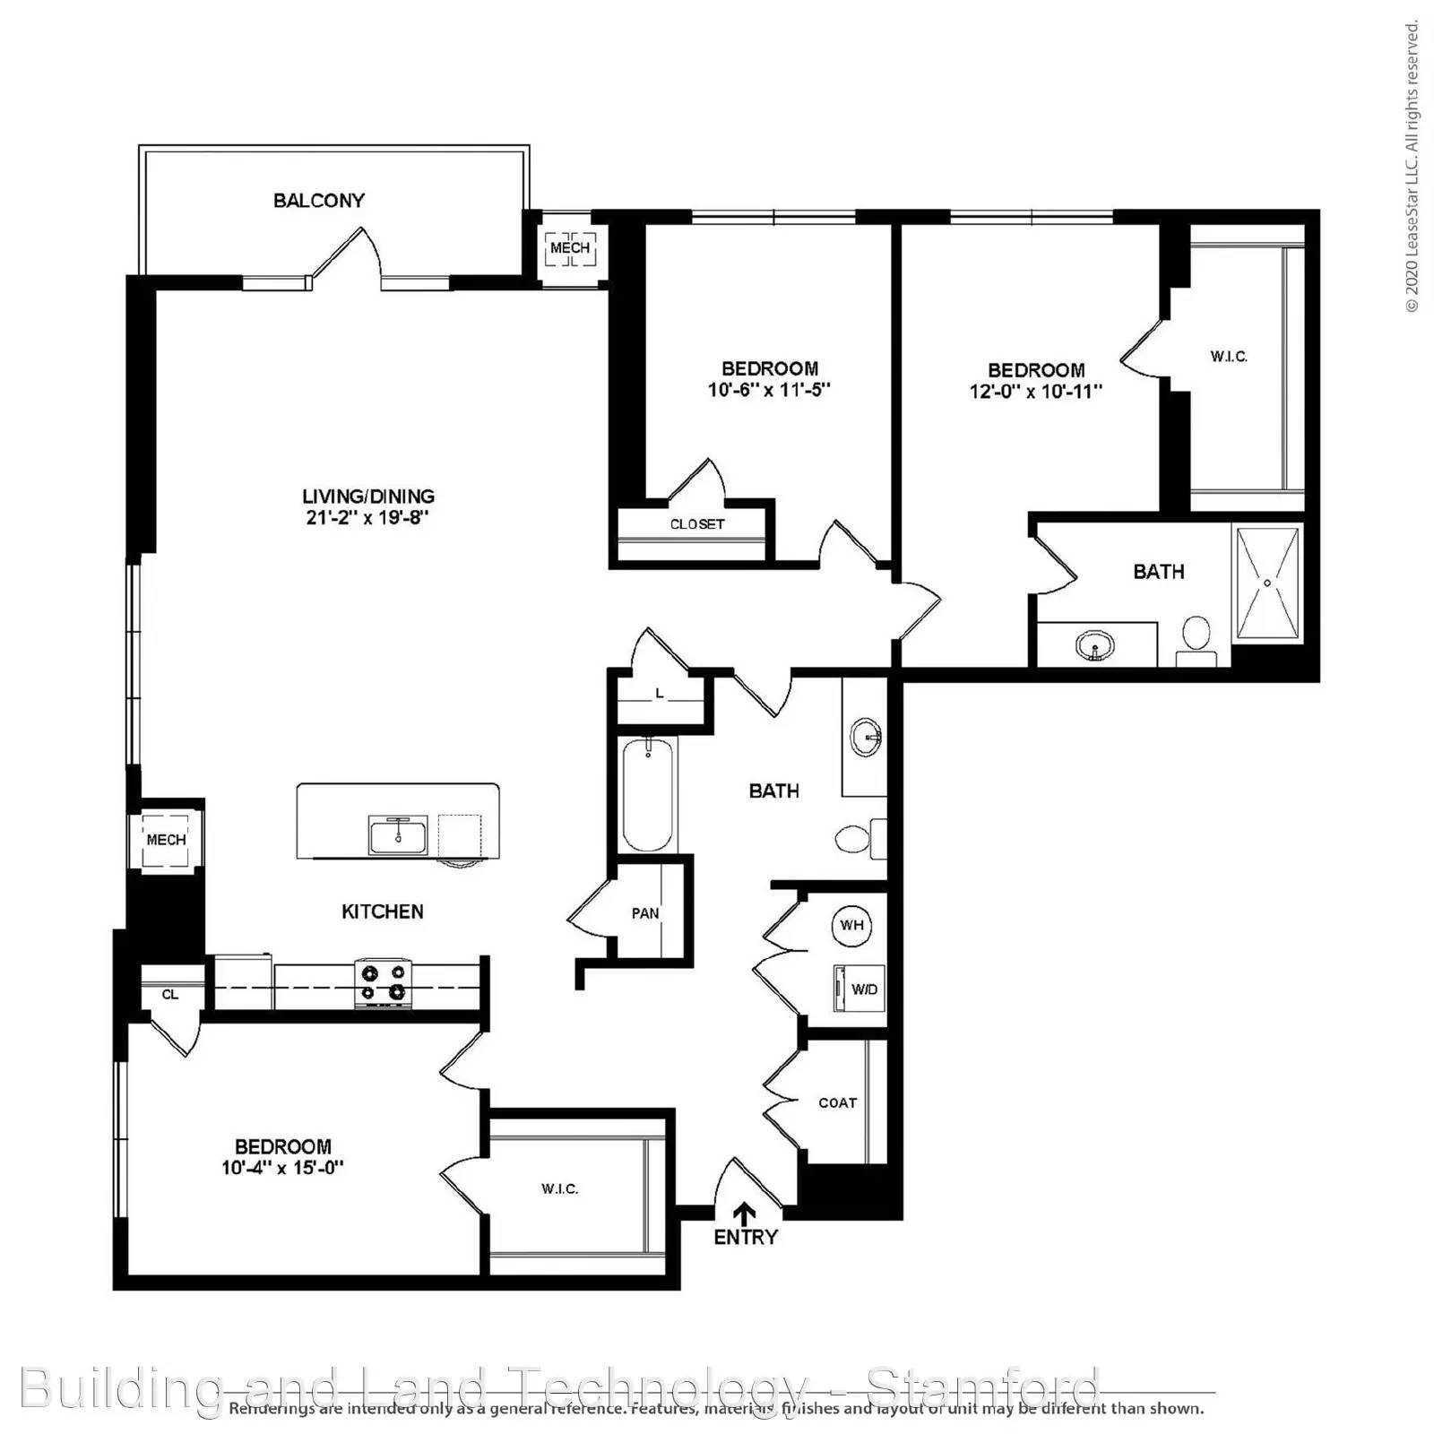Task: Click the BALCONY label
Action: (x=319, y=200)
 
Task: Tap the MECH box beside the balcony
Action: (x=570, y=248)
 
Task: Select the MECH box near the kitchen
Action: (x=166, y=840)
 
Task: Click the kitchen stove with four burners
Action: (x=384, y=981)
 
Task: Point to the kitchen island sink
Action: (x=398, y=835)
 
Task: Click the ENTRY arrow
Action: (x=744, y=1214)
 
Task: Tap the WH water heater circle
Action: (x=851, y=924)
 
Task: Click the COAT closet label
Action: (x=837, y=1103)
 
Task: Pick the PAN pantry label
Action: (x=644, y=913)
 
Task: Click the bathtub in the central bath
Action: (x=647, y=794)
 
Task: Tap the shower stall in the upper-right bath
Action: (x=1267, y=583)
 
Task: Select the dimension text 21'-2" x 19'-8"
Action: (x=367, y=518)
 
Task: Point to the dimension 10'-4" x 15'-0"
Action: (x=282, y=1168)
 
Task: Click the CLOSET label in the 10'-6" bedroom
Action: (x=696, y=524)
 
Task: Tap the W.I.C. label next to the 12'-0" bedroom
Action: (x=1228, y=357)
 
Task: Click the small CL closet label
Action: (x=169, y=994)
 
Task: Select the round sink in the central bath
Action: (x=866, y=738)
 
